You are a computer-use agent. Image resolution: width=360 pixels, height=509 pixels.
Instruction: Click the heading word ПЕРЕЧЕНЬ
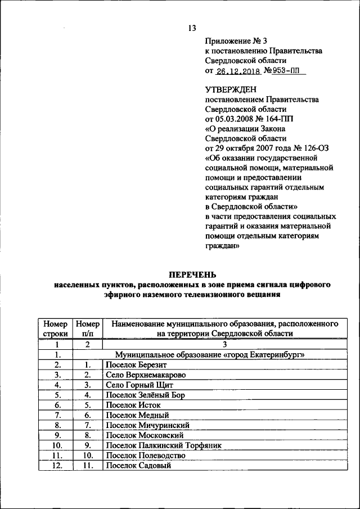point(192,274)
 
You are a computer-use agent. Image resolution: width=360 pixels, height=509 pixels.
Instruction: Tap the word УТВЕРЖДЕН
point(231,89)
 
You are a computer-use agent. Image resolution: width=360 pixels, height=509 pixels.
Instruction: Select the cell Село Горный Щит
point(138,385)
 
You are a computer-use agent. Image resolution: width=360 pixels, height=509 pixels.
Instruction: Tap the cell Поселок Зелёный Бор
point(145,395)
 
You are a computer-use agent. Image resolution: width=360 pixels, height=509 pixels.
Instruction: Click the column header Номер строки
point(55,329)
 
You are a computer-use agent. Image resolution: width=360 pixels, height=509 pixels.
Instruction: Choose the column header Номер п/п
point(88,329)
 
